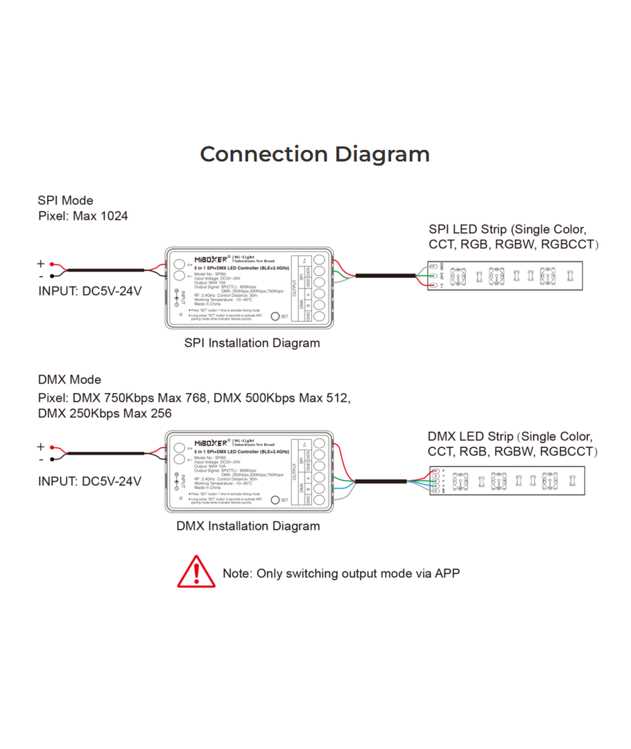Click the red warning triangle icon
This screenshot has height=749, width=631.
tap(197, 572)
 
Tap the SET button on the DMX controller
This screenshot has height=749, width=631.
tap(275, 499)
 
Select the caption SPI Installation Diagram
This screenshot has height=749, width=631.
tap(252, 343)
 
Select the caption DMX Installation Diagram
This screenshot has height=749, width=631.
tap(248, 526)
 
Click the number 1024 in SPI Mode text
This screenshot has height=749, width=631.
tap(114, 216)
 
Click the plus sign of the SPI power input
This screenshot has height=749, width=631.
tap(41, 264)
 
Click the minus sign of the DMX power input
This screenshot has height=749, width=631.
tap(41, 459)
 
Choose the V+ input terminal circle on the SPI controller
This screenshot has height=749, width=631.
tap(179, 264)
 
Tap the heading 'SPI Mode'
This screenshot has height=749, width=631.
tap(65, 200)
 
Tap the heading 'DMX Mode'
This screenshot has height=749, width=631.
tap(69, 379)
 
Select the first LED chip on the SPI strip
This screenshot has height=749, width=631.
tap(458, 277)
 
